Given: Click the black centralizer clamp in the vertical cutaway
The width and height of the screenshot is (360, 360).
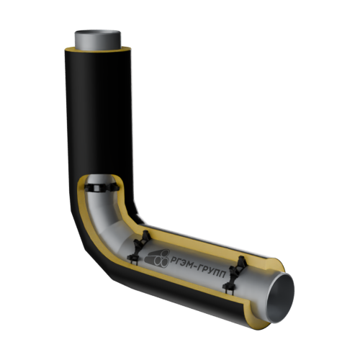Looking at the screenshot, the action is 102,187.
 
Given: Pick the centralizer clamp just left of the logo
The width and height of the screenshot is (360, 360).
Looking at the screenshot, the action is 139,247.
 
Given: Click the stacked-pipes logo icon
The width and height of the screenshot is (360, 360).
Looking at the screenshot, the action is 157,258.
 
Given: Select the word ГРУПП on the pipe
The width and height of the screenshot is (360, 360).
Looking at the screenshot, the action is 213,271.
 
